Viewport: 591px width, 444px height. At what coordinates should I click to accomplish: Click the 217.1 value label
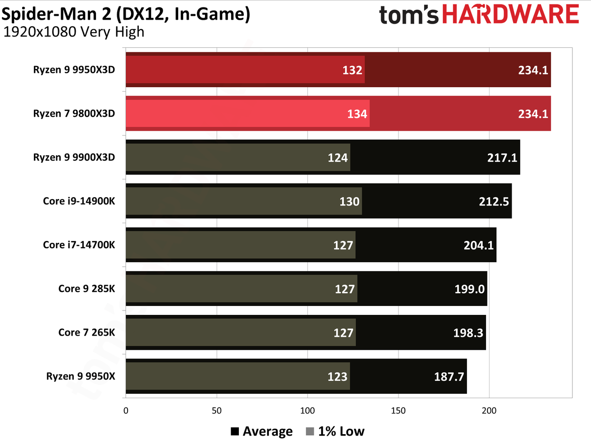pyautogui.click(x=502, y=158)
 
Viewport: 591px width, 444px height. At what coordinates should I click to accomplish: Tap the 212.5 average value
pyautogui.click(x=494, y=202)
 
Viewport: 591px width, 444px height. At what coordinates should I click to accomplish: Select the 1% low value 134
pyautogui.click(x=357, y=114)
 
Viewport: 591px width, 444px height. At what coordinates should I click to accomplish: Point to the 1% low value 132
pyautogui.click(x=352, y=70)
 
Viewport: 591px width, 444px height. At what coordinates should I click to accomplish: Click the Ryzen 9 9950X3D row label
pyautogui.click(x=74, y=70)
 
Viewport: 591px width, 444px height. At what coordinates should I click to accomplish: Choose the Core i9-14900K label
pyautogui.click(x=79, y=201)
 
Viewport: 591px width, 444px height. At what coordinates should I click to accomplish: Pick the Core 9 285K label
pyautogui.click(x=87, y=289)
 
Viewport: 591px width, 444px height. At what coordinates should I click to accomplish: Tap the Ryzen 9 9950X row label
pyautogui.click(x=81, y=376)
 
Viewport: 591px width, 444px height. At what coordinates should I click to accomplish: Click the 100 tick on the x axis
pyautogui.click(x=307, y=410)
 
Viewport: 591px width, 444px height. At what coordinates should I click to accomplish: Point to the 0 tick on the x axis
pyautogui.click(x=126, y=410)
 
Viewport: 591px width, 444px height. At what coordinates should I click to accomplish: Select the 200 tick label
pyautogui.click(x=489, y=410)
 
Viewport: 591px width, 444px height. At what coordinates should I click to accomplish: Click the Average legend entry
pyautogui.click(x=262, y=431)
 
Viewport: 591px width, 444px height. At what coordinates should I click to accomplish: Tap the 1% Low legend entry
pyautogui.click(x=335, y=431)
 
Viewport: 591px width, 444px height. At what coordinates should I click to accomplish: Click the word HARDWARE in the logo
pyautogui.click(x=511, y=14)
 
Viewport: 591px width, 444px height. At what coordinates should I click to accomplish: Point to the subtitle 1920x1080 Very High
pyautogui.click(x=74, y=32)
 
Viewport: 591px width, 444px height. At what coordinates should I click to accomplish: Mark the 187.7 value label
pyautogui.click(x=449, y=377)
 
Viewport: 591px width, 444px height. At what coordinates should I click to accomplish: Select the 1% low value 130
pyautogui.click(x=349, y=202)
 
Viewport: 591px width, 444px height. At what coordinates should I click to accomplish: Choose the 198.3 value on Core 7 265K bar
pyautogui.click(x=468, y=333)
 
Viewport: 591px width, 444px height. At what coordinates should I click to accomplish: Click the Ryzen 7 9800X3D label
pyautogui.click(x=74, y=113)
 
